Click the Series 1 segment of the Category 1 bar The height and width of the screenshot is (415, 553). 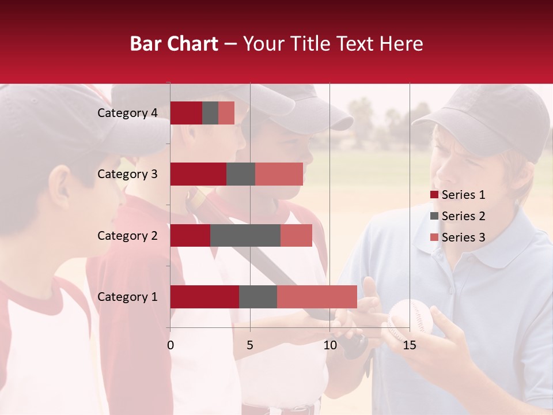coord(204,297)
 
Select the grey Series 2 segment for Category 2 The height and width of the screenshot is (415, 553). coord(245,235)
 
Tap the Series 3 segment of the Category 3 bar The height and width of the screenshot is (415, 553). coord(279,174)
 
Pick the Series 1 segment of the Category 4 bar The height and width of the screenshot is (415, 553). coord(186,113)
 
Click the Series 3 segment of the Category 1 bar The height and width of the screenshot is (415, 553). coord(317,297)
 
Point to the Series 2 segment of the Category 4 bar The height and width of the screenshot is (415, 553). coord(210,113)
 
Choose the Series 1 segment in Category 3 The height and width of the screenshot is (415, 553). coord(198,174)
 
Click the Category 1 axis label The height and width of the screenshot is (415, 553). coord(127,297)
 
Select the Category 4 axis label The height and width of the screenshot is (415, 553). coord(127,113)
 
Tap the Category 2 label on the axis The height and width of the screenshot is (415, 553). coord(127,235)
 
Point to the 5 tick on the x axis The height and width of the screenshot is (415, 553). coord(250,345)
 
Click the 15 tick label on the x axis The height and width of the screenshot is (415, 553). coord(410,345)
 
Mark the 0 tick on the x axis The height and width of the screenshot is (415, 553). coord(171,345)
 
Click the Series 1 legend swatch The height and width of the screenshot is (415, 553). coord(434,195)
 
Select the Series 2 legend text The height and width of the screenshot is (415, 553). coord(463,216)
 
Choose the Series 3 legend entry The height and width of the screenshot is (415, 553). coord(458,237)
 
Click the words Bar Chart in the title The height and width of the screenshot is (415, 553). coord(174,44)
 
